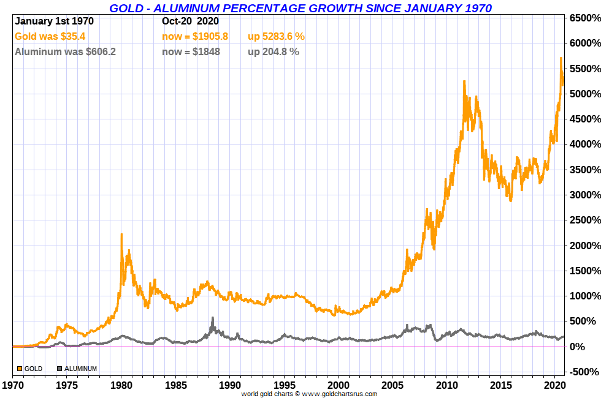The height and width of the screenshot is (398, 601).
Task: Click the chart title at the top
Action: [300, 8]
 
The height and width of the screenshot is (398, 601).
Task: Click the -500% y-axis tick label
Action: [583, 372]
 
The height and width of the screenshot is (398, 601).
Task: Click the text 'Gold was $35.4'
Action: [50, 37]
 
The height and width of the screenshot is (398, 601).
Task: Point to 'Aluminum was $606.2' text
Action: [65, 52]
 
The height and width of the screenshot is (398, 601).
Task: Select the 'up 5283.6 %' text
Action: [276, 37]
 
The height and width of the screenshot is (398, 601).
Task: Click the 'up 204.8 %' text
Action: [274, 52]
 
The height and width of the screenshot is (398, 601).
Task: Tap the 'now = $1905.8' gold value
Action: [195, 37]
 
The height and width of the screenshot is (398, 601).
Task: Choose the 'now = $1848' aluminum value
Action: [191, 52]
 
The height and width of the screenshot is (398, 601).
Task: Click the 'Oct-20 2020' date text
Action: [190, 21]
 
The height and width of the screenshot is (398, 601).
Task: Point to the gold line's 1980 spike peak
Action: [121, 235]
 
